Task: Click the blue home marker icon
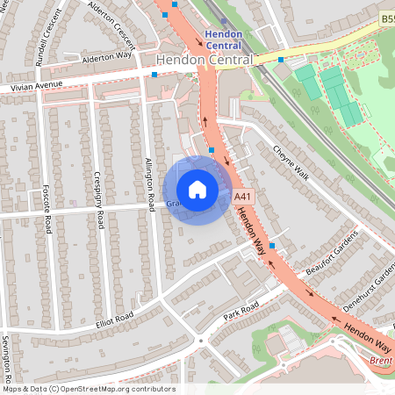(197, 190)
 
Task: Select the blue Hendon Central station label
(225, 39)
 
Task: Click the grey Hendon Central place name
(205, 60)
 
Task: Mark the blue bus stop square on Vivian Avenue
(154, 75)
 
